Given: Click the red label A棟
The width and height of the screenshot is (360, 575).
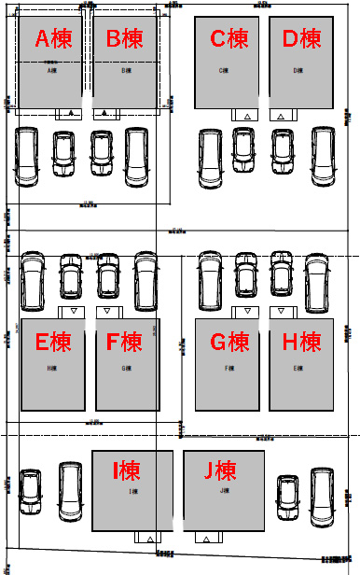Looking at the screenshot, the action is (54, 39).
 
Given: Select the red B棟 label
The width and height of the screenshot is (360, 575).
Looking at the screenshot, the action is (124, 39).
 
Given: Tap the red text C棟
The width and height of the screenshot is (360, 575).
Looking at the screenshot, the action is (229, 39).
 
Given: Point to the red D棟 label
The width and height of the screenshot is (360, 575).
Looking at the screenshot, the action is (301, 39).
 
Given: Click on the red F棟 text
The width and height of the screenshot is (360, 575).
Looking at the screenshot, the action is (124, 343).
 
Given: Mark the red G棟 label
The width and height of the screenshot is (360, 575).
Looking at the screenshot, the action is (229, 343).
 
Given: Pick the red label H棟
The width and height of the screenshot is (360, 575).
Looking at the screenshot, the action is (301, 343).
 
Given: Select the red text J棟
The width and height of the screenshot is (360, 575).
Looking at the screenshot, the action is (222, 470).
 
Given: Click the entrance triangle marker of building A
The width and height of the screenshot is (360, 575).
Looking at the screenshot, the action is (72, 114).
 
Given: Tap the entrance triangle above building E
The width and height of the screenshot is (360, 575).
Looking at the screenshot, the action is (72, 311).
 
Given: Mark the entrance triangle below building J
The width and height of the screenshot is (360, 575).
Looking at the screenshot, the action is (204, 539).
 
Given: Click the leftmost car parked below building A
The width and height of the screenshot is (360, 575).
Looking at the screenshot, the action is (26, 156).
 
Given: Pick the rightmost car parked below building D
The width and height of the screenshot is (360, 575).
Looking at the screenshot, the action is (323, 156).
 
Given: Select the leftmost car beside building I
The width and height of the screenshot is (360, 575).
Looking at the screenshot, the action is (30, 490).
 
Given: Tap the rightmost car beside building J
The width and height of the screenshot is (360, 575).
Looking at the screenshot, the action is (324, 496).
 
